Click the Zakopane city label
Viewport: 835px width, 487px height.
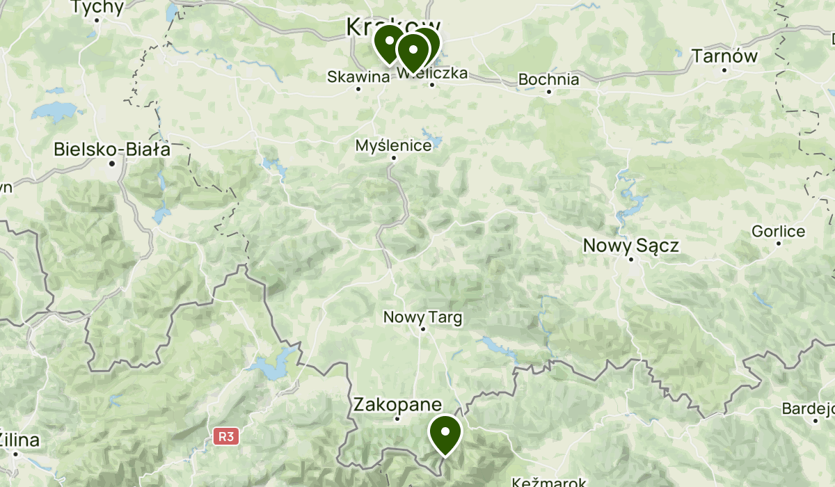(397, 404)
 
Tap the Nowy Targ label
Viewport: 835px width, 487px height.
(422, 317)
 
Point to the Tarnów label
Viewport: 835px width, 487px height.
(724, 56)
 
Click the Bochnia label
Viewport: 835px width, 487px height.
(548, 79)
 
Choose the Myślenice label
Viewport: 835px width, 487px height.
(393, 146)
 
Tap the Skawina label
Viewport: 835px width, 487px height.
(358, 77)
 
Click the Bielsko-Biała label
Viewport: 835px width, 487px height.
(112, 149)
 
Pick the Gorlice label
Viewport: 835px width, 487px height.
(778, 232)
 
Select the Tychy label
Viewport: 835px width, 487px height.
(98, 8)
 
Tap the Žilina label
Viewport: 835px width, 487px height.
(19, 440)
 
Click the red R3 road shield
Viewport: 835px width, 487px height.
(226, 437)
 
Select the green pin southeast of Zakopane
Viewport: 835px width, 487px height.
(445, 433)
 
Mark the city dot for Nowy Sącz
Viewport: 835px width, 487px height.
(631, 260)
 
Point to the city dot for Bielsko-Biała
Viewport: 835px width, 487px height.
(112, 163)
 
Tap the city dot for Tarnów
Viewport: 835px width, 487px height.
(724, 70)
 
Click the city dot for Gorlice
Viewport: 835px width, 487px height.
(778, 243)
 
